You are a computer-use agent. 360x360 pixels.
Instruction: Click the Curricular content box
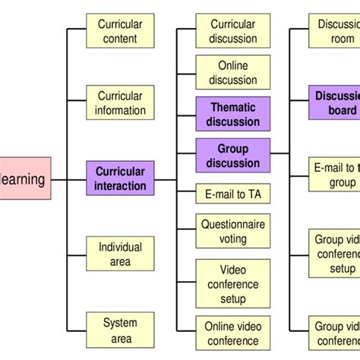[120, 31]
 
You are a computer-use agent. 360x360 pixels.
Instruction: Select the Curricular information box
[120, 103]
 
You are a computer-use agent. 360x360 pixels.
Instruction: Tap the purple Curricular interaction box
[120, 178]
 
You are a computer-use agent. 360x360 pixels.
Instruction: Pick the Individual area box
[120, 254]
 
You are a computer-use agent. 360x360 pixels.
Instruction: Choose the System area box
[120, 330]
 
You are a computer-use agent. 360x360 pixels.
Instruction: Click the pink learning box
[25, 179]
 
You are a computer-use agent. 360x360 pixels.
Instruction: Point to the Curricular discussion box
[232, 31]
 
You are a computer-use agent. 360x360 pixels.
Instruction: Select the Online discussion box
[232, 73]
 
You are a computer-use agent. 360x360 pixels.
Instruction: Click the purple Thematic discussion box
[232, 115]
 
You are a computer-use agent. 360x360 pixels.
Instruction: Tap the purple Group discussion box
[232, 156]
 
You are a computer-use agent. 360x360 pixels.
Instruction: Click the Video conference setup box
[232, 284]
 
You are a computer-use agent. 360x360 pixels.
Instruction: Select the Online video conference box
[232, 334]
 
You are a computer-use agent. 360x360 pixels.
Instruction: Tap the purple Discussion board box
[335, 103]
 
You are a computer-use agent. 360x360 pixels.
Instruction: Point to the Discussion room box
[335, 31]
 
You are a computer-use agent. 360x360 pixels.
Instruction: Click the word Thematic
[232, 108]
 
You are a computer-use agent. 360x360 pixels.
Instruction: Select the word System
[120, 324]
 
